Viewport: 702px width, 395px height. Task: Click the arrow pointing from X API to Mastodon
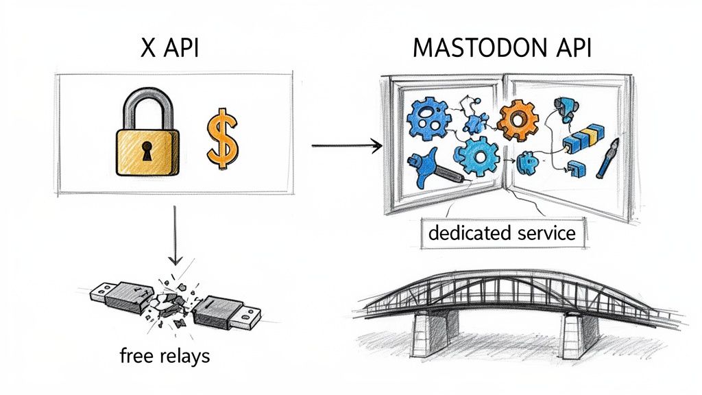tap(346, 145)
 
